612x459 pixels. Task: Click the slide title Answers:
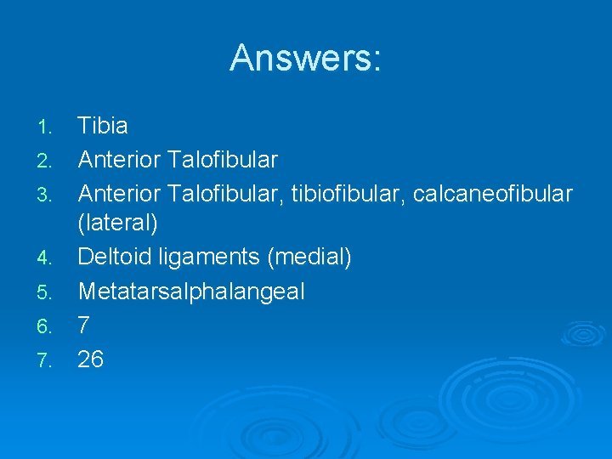click(x=306, y=59)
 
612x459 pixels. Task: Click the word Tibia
click(x=103, y=127)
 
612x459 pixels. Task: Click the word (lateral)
click(x=118, y=225)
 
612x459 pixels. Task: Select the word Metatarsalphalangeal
click(x=191, y=292)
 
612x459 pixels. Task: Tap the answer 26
click(x=91, y=360)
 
